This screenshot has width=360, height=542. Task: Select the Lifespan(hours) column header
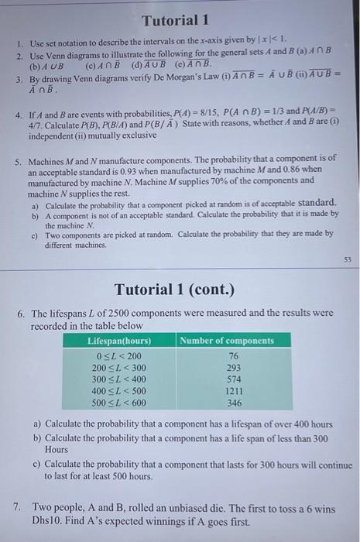(x=120, y=341)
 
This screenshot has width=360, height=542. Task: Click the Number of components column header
(x=227, y=341)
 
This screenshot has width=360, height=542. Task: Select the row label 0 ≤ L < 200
(x=118, y=355)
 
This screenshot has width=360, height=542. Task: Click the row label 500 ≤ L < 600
(x=118, y=404)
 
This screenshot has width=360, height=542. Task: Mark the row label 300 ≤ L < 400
(x=118, y=380)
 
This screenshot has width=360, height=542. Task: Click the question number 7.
(x=18, y=507)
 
